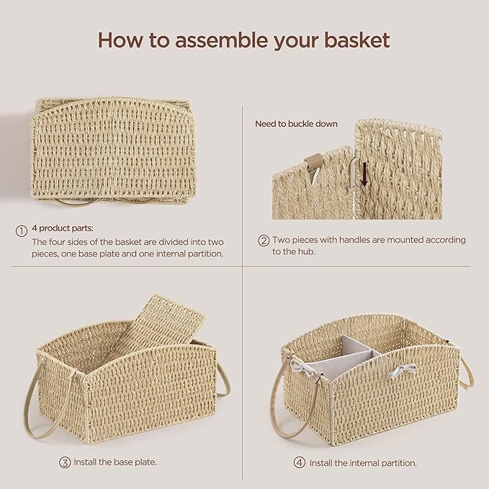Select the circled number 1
(x=22, y=230)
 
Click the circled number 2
(x=264, y=241)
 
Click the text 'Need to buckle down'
(x=296, y=124)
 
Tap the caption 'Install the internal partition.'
(x=363, y=462)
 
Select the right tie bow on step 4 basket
(x=403, y=371)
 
